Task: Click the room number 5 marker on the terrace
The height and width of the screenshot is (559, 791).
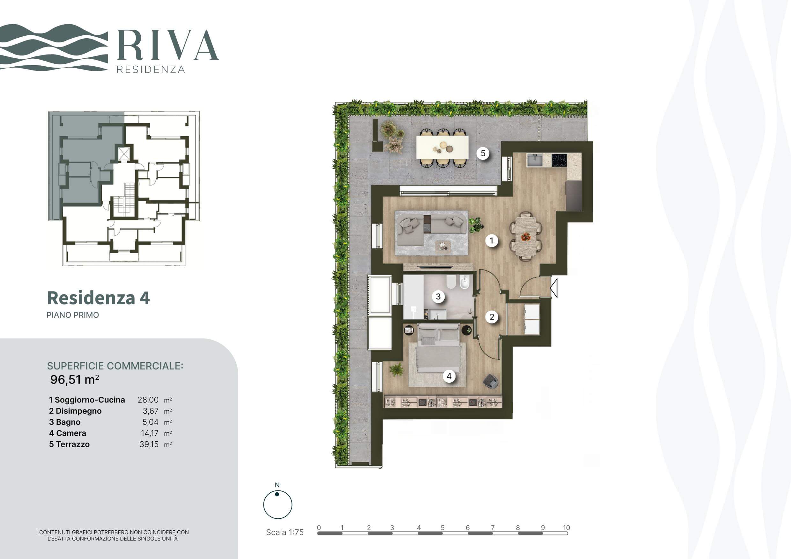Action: coord(483,153)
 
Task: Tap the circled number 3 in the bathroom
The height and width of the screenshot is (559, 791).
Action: coord(438,297)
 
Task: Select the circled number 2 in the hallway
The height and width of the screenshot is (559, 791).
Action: coord(492,317)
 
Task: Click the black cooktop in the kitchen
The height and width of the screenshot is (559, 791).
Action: coord(559,160)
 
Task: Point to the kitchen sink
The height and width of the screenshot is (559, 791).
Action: coord(535,160)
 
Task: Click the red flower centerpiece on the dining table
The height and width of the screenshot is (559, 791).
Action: coord(525,237)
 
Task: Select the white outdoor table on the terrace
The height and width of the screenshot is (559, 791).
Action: coord(442,147)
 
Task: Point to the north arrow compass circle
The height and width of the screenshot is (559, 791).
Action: coord(278,504)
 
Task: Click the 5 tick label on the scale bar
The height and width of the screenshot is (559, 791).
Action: coord(443,528)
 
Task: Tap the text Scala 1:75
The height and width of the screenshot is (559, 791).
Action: coord(285,532)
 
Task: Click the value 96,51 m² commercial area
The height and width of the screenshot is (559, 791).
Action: coord(75,379)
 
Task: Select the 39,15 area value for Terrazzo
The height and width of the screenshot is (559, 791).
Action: coord(149,444)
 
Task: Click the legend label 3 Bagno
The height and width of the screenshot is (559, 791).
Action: coord(65,422)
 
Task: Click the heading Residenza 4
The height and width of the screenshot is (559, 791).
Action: coord(99,298)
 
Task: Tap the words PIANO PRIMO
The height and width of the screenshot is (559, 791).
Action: coord(73,315)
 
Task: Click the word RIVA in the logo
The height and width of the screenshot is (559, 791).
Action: coord(168,45)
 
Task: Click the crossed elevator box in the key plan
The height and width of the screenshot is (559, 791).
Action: coord(124,154)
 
